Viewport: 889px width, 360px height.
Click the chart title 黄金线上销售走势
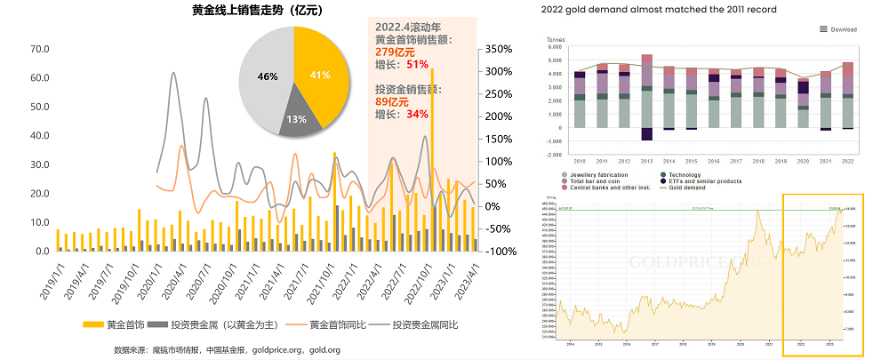point(256,11)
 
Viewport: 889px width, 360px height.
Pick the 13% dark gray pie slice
point(297,118)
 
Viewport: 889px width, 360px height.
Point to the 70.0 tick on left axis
point(39,49)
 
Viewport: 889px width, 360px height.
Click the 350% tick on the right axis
point(501,49)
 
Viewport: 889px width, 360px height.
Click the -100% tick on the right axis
point(501,252)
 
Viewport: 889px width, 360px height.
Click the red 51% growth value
point(417,65)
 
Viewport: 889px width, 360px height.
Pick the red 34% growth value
point(417,114)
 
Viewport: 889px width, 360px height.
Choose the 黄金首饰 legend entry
point(116,325)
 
